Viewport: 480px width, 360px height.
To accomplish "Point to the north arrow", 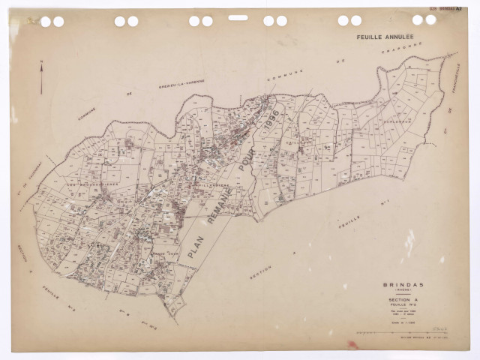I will click(41, 77).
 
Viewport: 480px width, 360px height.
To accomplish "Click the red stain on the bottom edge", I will click(352, 346).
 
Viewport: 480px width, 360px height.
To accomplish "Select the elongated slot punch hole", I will click(238, 17).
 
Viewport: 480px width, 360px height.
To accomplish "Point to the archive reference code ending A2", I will click(446, 9).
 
